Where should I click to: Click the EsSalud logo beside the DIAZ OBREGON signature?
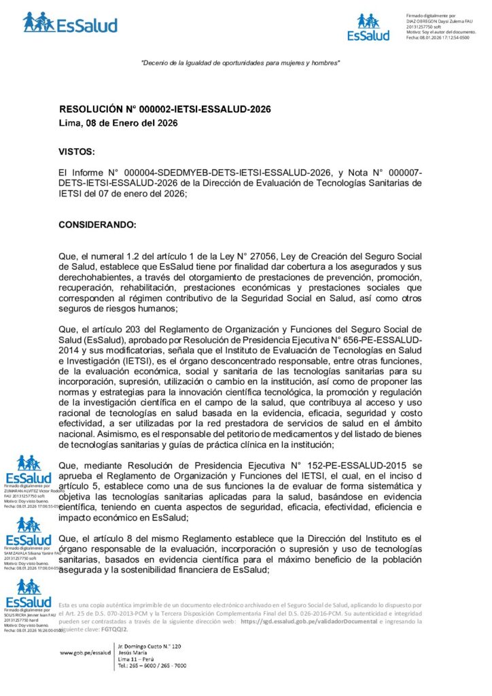point(368,27)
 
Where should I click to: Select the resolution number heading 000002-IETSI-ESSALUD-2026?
point(165,109)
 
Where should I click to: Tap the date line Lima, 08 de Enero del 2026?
point(118,123)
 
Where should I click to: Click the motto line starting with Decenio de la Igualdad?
point(240,63)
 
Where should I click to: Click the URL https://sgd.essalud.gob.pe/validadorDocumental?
point(302,621)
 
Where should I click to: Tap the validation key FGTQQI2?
point(99,629)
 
